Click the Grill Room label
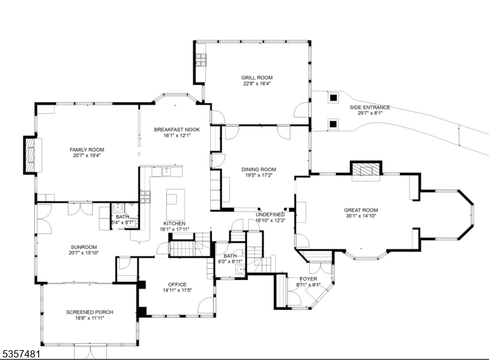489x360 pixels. pyautogui.click(x=257, y=78)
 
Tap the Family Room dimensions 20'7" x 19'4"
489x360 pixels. pyautogui.click(x=87, y=155)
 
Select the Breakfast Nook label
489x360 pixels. pyautogui.click(x=177, y=130)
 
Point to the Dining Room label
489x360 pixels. pyautogui.click(x=259, y=169)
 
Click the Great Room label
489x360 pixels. pyautogui.click(x=361, y=210)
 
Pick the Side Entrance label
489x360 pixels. pyautogui.click(x=370, y=108)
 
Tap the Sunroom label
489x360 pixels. pyautogui.click(x=84, y=247)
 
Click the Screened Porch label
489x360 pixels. pyautogui.click(x=89, y=312)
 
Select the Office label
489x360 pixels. pyautogui.click(x=177, y=284)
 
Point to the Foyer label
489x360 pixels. pyautogui.click(x=309, y=279)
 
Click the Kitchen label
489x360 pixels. pyautogui.click(x=174, y=224)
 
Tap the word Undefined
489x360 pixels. pyautogui.click(x=270, y=215)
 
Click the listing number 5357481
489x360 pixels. pyautogui.click(x=21, y=354)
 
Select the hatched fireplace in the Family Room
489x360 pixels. pyautogui.click(x=30, y=155)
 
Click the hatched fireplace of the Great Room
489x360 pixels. pyautogui.click(x=366, y=169)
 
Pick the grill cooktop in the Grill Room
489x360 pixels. pyautogui.click(x=201, y=60)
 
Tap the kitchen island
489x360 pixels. pyautogui.click(x=175, y=205)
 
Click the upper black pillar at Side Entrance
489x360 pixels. pyautogui.click(x=333, y=98)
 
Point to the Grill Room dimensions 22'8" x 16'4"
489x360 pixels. pyautogui.click(x=257, y=84)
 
